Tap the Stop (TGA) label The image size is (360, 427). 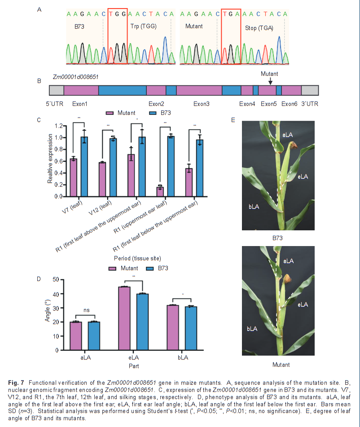[259, 28]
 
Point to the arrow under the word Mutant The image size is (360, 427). [270, 81]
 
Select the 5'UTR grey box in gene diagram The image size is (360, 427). [57, 90]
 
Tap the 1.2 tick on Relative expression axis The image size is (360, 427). [57, 126]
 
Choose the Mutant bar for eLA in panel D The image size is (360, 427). [124, 318]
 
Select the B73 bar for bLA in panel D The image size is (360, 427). [192, 328]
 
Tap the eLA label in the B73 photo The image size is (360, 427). [303, 176]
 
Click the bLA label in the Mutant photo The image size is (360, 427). [252, 329]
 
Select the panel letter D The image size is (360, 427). [39, 279]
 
